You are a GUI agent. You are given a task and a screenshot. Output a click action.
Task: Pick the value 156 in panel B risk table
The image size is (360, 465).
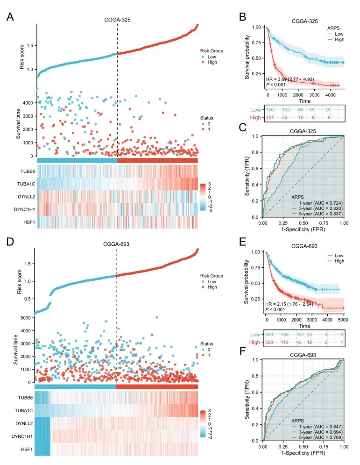coord(269,109)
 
